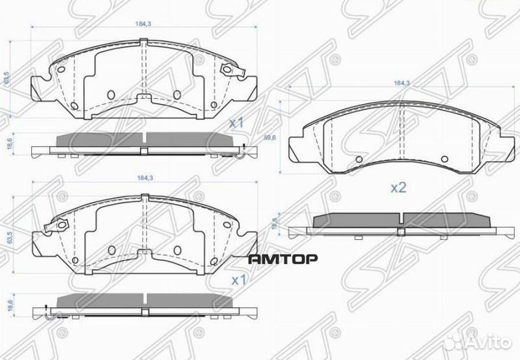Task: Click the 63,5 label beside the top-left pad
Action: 6,75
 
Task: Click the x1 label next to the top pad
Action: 235,124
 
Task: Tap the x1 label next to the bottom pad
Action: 235,279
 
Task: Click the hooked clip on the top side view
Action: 246,150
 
